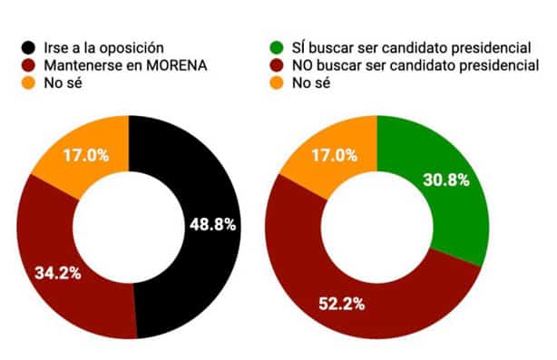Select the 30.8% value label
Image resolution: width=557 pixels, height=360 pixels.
(445, 180)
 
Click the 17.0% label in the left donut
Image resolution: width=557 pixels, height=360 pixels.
(86, 155)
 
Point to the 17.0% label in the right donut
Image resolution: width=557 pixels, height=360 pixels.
(333, 155)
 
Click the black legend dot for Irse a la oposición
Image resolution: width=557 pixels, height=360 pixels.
(30, 47)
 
